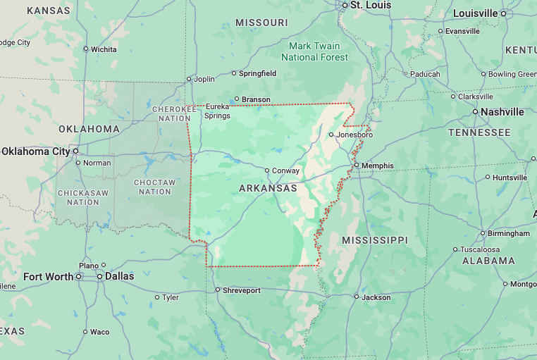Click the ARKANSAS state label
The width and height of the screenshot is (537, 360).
coord(267,188)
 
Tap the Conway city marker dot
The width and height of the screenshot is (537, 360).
coord(267,170)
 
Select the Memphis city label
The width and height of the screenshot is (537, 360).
coord(377,166)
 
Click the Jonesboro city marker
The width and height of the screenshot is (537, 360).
coord(331,134)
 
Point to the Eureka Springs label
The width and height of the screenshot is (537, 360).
coord(217,111)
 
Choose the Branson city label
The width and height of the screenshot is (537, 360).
coord(256,99)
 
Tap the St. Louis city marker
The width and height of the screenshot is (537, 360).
coord(345,5)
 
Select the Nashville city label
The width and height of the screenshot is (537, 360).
coord(503,112)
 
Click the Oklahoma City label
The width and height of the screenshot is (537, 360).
coord(35,151)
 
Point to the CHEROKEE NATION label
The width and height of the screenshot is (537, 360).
coord(173,113)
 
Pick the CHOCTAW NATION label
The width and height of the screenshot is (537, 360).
coord(154,187)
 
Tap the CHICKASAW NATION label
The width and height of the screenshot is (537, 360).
coord(83,197)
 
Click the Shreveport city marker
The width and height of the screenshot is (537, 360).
coord(217,290)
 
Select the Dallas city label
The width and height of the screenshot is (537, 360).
coord(119,276)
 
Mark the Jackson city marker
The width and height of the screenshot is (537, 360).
coord(357,297)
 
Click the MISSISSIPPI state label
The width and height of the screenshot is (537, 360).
coord(374,240)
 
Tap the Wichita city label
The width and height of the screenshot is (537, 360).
coord(104,49)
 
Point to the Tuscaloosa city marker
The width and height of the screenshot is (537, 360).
coord(455,250)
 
